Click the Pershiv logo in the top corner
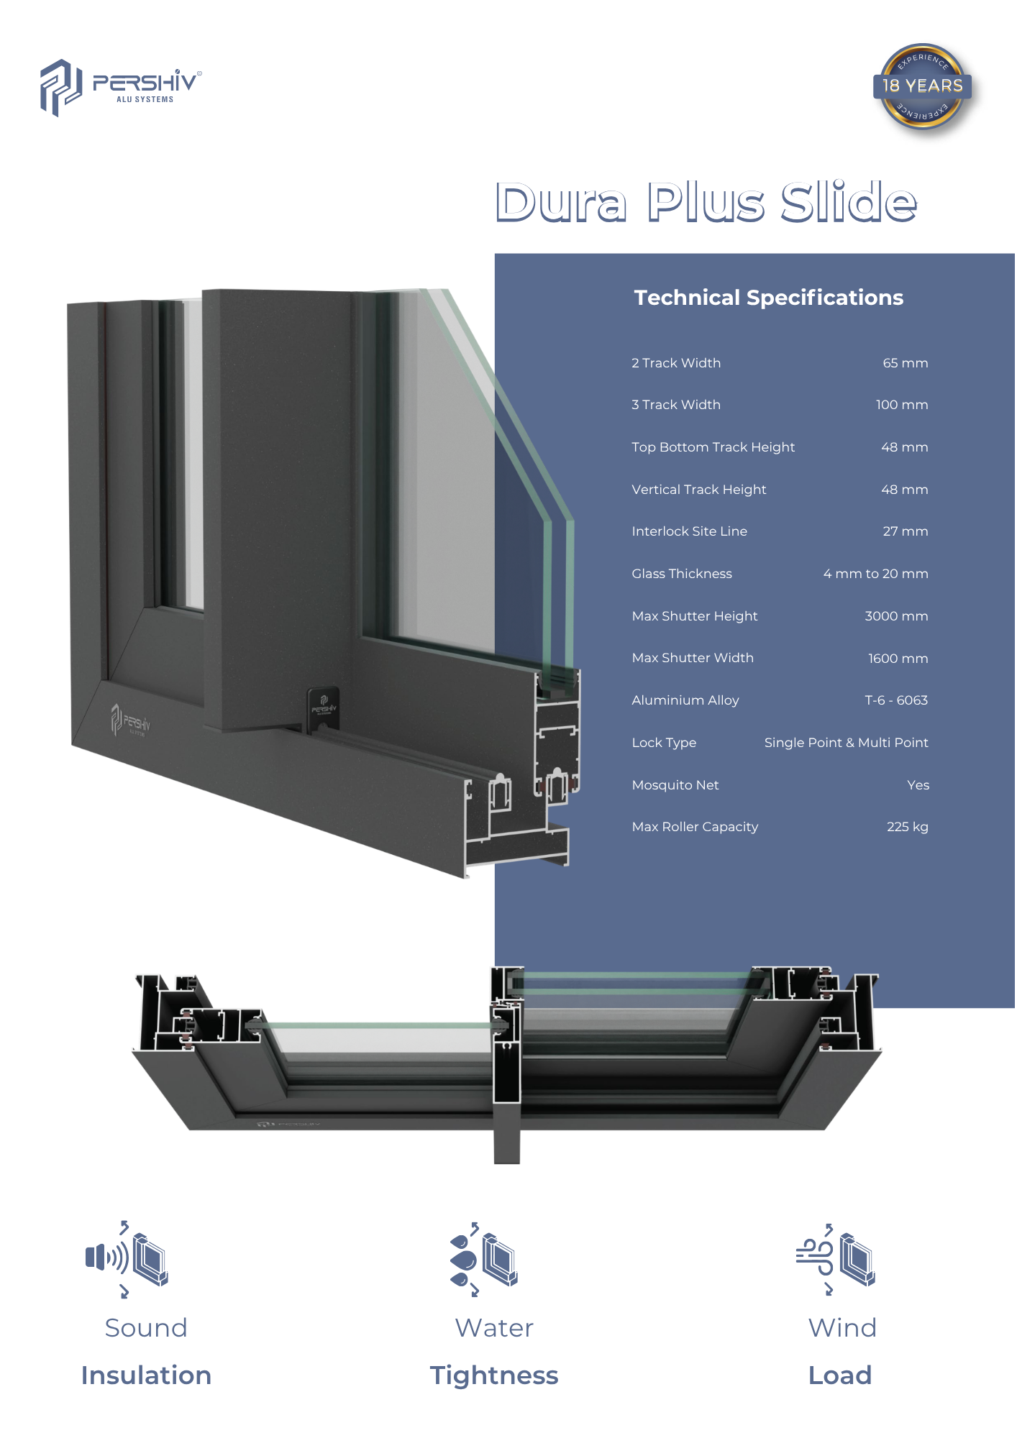point(121,88)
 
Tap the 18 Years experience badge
point(923,87)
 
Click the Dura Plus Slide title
point(706,202)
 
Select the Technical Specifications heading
point(768,298)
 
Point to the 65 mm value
point(906,363)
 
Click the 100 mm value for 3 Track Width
point(902,405)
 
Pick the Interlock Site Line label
point(689,531)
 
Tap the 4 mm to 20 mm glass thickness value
point(875,574)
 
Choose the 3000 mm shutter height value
point(896,616)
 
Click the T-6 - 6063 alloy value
point(896,700)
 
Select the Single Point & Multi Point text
point(846,743)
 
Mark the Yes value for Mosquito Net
point(918,785)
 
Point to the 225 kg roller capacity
point(908,827)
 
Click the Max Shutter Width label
point(693,658)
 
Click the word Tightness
point(494,1375)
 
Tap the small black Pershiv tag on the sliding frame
point(323,708)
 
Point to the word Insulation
point(146,1375)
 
